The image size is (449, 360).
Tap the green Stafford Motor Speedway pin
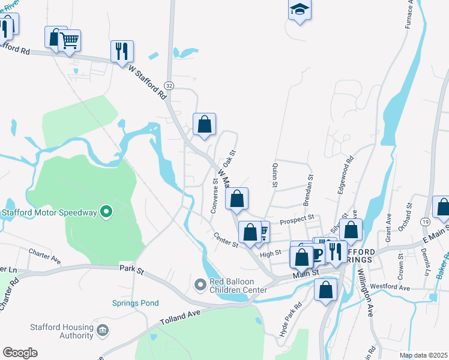tap(106, 212)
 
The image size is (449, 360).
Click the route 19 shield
tap(424, 222)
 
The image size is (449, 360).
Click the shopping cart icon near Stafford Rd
tap(70, 40)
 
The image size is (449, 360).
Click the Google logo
tap(20, 353)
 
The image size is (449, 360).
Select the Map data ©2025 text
tap(423, 355)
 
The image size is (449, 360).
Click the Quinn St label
tap(274, 175)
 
